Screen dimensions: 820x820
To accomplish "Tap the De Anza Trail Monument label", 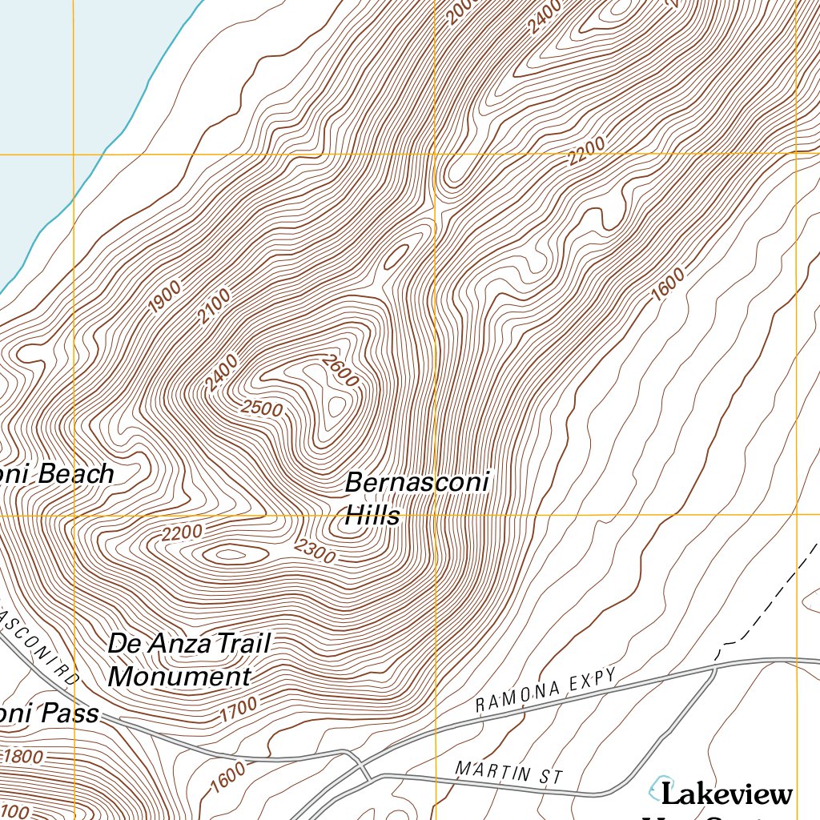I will pyautogui.click(x=190, y=660).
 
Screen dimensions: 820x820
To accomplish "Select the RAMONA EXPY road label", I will pyautogui.click(x=546, y=690).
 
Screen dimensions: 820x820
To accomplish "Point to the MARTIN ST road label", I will pyautogui.click(x=508, y=773).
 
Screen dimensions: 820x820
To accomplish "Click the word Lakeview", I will pyautogui.click(x=726, y=794).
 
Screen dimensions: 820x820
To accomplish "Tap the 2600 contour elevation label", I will pyautogui.click(x=340, y=371).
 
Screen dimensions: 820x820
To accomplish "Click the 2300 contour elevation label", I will pyautogui.click(x=314, y=551).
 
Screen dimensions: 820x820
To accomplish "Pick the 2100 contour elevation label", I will pyautogui.click(x=214, y=306).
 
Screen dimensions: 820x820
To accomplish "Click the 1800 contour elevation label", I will pyautogui.click(x=25, y=756).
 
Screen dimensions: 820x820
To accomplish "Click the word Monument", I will pyautogui.click(x=179, y=677).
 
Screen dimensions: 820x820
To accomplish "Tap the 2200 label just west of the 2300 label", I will pyautogui.click(x=182, y=533).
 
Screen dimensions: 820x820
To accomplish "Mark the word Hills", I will pyautogui.click(x=372, y=517).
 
